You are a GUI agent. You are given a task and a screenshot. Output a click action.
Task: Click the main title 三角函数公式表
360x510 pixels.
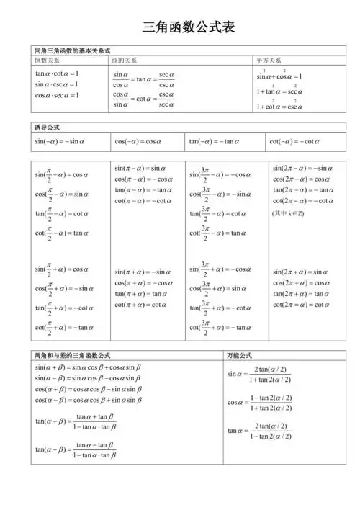(179, 27)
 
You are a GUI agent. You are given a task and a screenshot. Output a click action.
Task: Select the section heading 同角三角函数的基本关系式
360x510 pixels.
(73, 51)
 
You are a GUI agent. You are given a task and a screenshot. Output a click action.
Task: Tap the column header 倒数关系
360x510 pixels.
(48, 61)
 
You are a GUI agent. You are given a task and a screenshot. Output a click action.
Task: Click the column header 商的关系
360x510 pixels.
(125, 61)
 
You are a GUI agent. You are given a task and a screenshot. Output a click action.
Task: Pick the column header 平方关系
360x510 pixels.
(269, 61)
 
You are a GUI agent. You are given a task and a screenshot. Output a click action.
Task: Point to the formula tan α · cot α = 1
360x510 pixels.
(57, 73)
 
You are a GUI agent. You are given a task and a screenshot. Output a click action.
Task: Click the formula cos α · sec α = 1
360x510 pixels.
(57, 95)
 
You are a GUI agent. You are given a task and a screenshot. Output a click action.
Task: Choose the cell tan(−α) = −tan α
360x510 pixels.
(214, 142)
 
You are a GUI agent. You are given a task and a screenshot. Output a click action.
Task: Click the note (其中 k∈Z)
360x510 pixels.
(288, 213)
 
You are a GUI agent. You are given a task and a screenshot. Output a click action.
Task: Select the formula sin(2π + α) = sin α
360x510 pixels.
(302, 272)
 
